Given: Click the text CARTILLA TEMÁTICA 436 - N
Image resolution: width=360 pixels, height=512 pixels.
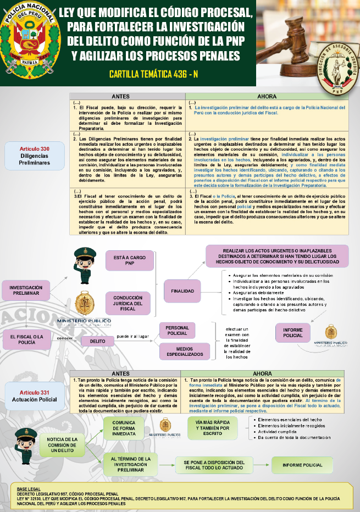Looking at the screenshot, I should (x=153, y=74).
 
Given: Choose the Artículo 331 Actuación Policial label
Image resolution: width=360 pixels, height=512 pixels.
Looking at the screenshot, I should (x=35, y=396).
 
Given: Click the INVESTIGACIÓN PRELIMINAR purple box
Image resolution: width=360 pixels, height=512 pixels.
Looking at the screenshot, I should (x=26, y=290).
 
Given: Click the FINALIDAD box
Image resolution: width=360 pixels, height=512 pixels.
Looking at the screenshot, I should (x=182, y=291).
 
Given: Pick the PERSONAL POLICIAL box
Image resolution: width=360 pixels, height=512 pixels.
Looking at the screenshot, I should (x=177, y=331).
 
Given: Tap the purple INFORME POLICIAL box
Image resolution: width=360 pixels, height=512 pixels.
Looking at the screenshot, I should (x=293, y=332).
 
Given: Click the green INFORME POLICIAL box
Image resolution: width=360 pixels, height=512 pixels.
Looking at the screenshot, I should (x=302, y=465).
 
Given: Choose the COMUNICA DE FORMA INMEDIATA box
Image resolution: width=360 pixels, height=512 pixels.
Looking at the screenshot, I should (x=124, y=429).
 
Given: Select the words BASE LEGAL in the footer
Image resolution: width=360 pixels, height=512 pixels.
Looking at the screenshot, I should (x=28, y=488).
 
